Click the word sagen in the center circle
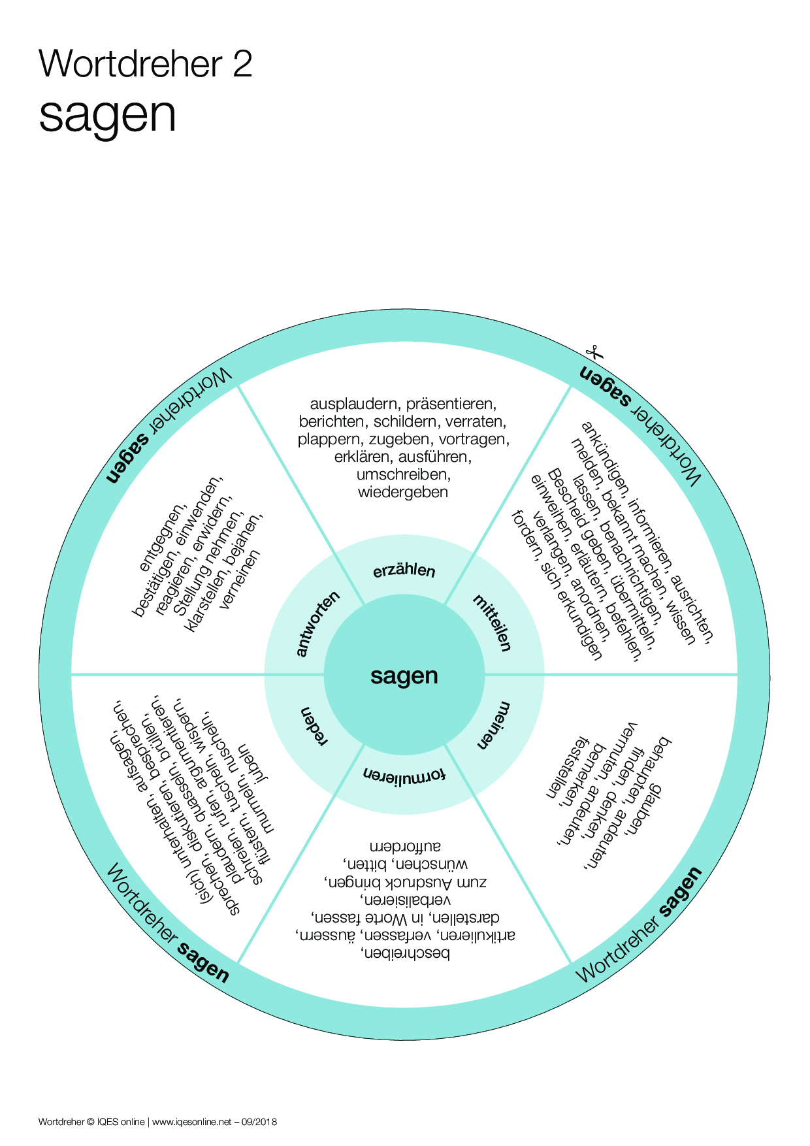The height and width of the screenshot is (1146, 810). (404, 676)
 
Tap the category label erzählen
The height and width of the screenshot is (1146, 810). (404, 570)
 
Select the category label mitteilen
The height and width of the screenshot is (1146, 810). (491, 623)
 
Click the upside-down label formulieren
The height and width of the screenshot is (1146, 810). (404, 775)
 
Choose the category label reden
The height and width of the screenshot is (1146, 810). (314, 725)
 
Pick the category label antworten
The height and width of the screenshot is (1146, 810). (318, 623)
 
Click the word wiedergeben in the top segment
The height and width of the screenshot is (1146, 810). (403, 492)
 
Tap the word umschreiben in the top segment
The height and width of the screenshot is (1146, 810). (403, 474)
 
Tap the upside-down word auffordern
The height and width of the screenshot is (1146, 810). (405, 847)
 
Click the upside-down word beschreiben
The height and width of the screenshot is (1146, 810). (405, 954)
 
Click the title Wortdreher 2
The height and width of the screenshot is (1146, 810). (145, 64)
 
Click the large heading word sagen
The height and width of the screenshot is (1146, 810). (107, 115)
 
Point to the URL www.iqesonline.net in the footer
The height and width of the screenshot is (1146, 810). (191, 1122)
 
